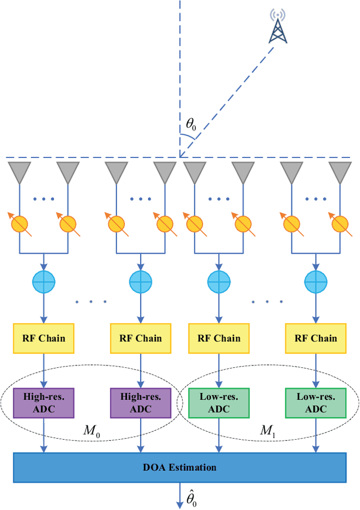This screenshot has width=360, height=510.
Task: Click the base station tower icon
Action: click(277, 26)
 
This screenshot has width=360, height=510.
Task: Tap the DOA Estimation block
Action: click(180, 467)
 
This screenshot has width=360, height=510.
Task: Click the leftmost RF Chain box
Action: click(44, 338)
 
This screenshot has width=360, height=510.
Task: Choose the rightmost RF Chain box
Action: click(316, 338)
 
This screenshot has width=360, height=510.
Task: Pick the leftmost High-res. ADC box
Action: click(44, 402)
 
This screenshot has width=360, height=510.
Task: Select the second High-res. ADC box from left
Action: click(141, 402)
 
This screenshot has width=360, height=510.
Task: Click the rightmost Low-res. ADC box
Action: click(316, 402)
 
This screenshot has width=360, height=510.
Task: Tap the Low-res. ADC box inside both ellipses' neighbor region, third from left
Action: click(219, 402)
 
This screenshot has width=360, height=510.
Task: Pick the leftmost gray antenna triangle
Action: click(19, 171)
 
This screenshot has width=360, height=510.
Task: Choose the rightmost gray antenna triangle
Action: click(340, 171)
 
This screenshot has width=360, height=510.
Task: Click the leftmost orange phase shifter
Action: click(19, 224)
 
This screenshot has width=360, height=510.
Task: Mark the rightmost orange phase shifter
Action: click(340, 224)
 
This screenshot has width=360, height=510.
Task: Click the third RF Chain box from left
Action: click(219, 338)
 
